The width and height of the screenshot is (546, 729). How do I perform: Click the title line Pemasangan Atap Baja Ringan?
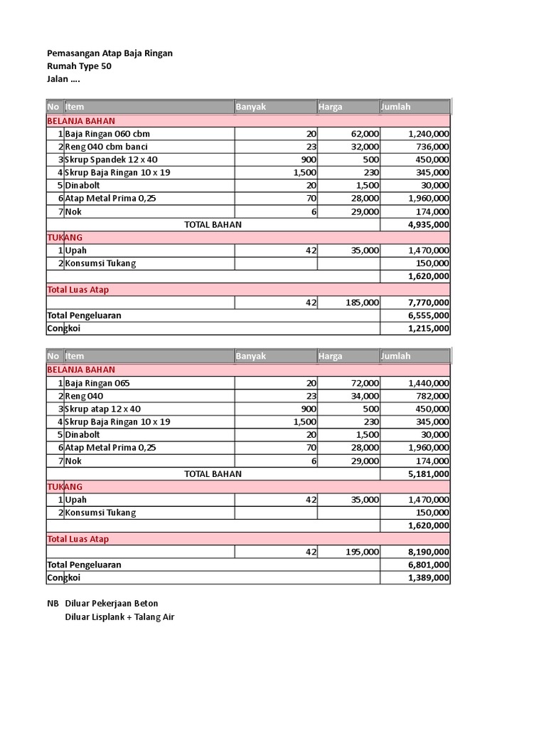click(109, 53)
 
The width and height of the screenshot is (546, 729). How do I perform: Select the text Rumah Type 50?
click(79, 66)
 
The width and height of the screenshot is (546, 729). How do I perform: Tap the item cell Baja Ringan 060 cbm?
click(107, 133)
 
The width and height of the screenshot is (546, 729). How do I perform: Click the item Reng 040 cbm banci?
click(106, 147)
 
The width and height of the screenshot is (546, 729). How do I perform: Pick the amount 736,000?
click(429, 147)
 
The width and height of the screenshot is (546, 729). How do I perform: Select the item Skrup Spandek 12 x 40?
click(111, 159)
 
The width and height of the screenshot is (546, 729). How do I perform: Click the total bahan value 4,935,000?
click(428, 225)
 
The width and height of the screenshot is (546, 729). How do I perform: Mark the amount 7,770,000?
click(428, 303)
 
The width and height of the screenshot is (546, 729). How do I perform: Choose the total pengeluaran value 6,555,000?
click(428, 315)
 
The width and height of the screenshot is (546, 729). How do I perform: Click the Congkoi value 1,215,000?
click(428, 328)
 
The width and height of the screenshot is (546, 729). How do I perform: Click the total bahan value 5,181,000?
click(428, 474)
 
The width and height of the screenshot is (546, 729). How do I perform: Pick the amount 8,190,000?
click(428, 552)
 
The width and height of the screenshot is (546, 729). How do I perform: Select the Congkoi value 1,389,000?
click(428, 578)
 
